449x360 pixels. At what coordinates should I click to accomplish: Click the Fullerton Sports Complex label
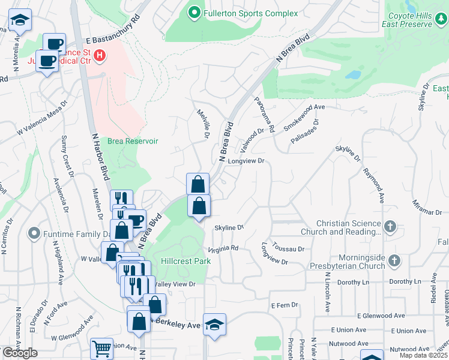pos(250,13)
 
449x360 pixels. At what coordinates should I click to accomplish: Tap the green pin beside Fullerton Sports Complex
pos(194,12)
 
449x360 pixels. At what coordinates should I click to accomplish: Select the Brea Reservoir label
pos(133,141)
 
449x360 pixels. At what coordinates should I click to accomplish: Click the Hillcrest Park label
pos(185,262)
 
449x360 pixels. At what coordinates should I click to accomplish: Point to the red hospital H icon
pos(100,57)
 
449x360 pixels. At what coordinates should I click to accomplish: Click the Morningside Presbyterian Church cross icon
pos(394,261)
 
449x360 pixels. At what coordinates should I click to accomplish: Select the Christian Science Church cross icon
pos(390,227)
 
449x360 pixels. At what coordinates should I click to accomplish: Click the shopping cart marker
pos(101,349)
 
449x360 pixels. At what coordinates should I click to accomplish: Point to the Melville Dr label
pos(202,124)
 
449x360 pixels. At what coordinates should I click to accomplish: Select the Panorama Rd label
pos(264,115)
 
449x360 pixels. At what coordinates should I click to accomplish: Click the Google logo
pos(20,353)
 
